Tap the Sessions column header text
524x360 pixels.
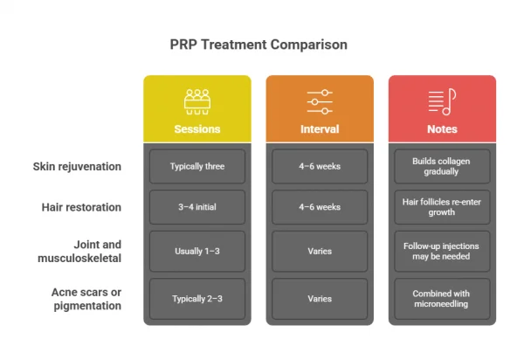[196, 129]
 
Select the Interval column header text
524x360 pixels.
[319, 129]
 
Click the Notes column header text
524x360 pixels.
[442, 129]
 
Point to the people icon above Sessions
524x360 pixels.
[196, 100]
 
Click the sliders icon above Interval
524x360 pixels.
[319, 100]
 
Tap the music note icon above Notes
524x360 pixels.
[442, 100]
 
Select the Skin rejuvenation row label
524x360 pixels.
[77, 166]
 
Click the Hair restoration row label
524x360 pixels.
[81, 207]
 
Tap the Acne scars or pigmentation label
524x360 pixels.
[86, 298]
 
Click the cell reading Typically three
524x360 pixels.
[196, 166]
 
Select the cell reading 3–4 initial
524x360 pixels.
[196, 207]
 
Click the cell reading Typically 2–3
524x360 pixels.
[196, 298]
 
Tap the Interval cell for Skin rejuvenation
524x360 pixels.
[319, 166]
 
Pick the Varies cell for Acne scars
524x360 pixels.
[319, 298]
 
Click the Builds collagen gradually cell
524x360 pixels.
[442, 166]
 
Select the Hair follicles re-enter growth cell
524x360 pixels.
[442, 207]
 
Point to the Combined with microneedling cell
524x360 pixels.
[442, 298]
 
